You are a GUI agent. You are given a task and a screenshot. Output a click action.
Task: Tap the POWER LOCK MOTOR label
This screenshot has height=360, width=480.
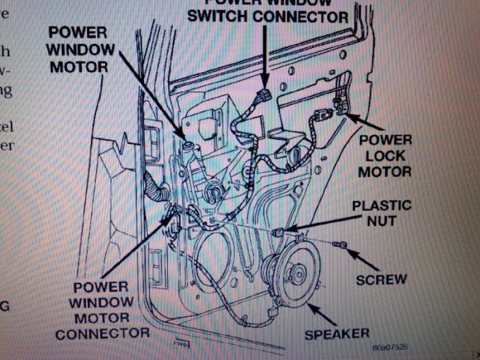(385, 155)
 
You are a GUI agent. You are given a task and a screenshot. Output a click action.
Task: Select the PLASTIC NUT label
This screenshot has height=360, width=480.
(381, 213)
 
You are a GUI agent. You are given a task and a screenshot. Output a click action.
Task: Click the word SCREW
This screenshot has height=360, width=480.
(381, 279)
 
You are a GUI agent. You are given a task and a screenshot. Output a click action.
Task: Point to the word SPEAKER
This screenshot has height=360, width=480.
(337, 334)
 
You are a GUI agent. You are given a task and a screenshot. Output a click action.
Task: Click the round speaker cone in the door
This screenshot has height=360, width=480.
(296, 274)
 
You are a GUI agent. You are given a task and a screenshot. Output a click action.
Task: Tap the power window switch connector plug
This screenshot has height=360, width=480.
(266, 97)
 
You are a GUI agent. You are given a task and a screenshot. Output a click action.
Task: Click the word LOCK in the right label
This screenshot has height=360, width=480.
(385, 155)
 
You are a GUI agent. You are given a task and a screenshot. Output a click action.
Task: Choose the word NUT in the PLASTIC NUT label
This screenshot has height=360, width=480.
(381, 221)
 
